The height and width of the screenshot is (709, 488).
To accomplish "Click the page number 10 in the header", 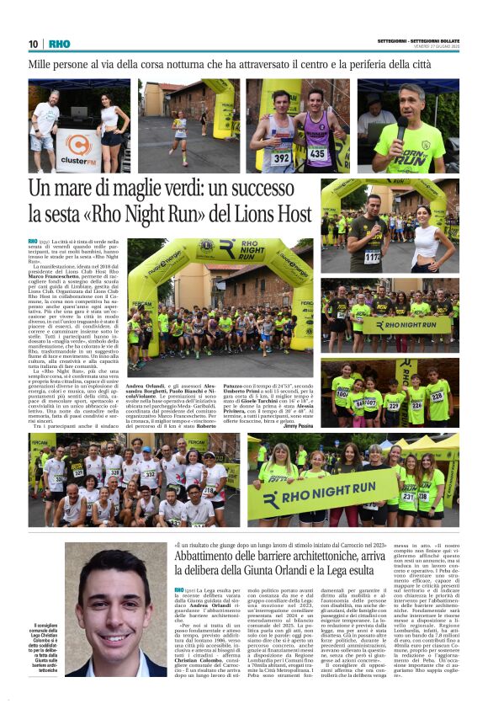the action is pos(34,44).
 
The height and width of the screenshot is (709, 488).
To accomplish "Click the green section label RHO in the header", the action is pos(59,44).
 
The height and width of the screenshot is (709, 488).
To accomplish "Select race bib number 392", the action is pos(282,157).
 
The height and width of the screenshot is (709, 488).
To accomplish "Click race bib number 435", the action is pos(318,152).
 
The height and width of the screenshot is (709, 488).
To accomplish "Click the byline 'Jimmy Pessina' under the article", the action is pos(297,425).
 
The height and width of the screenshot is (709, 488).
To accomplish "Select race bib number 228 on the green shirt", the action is pos(438,392).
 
